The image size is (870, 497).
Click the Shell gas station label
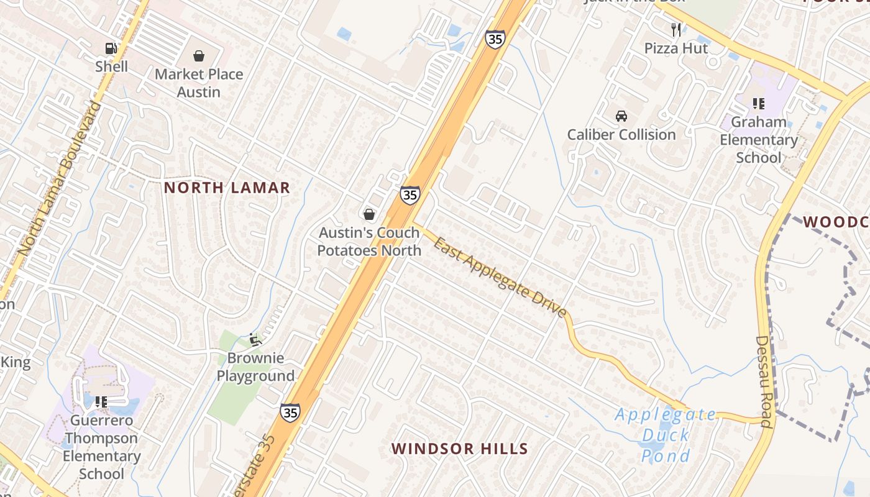pos(112,66)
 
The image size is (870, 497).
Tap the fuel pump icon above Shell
pos(111,48)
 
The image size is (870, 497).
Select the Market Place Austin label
pos(199,83)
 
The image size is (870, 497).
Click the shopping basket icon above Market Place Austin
pos(199,57)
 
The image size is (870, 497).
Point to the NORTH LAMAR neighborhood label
pos(227,188)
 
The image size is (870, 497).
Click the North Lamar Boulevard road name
pos(60,178)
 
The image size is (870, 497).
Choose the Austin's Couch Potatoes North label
pos(369,242)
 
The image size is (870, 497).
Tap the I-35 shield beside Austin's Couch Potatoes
pos(410,195)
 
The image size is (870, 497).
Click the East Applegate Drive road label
pos(500,277)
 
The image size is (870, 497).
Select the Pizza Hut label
pos(676,48)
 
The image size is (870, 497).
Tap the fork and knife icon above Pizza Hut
pos(676,29)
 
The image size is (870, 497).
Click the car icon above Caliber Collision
pos(621,116)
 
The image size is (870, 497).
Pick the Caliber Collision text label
pos(621,134)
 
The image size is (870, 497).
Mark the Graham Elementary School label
pos(758,140)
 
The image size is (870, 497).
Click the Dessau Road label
pos(764,382)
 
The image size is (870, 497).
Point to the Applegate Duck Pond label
pos(666,435)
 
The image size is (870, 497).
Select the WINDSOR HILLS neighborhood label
pos(460,449)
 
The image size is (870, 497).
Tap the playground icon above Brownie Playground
pos(255,339)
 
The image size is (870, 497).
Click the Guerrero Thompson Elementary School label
pos(102,447)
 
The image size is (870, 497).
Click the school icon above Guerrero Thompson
pos(101,402)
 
